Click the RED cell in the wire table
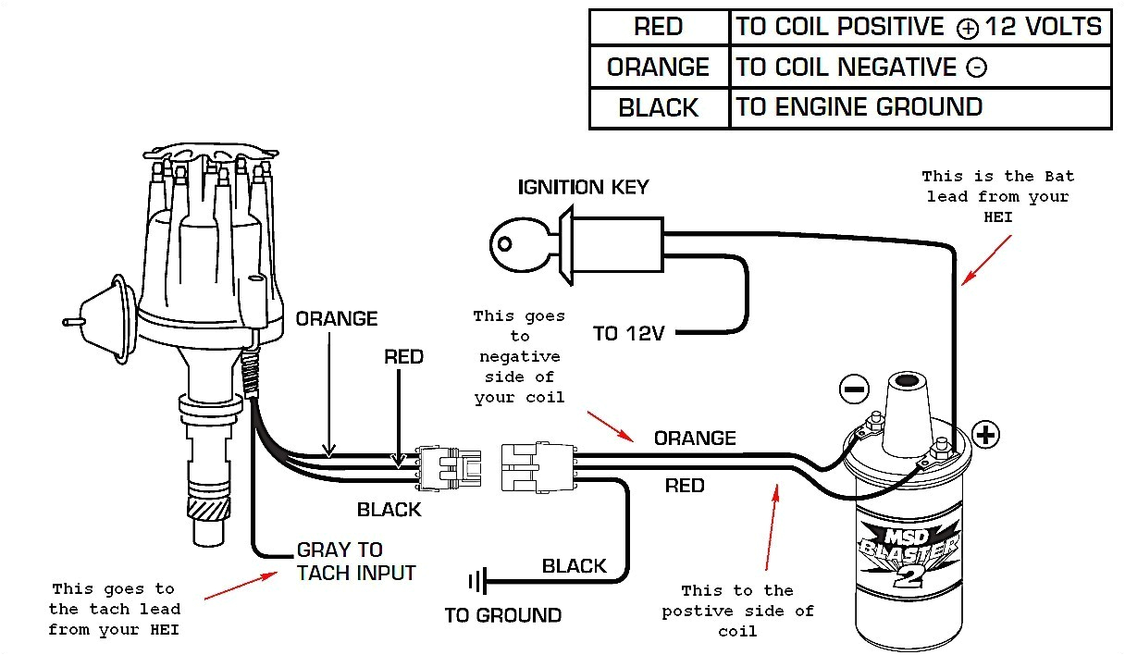[x=658, y=28]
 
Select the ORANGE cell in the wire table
[x=658, y=68]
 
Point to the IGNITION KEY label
[x=583, y=187]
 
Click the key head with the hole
[x=509, y=243]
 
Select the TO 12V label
[x=628, y=333]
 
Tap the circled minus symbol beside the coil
[x=853, y=389]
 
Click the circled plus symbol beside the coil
[x=986, y=434]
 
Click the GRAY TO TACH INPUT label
[x=355, y=562]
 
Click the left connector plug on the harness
[x=450, y=467]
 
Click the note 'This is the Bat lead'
[x=997, y=196]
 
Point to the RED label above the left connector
[x=403, y=357]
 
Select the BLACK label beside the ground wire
[x=574, y=566]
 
